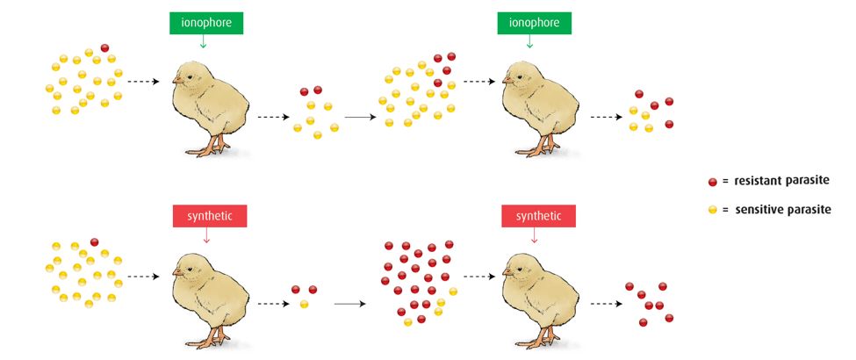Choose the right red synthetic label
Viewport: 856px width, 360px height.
538,215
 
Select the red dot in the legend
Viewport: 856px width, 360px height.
713,181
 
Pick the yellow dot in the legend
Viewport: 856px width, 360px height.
713,210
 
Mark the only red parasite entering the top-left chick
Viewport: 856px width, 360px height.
104,47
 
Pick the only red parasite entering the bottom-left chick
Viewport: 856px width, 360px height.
94,241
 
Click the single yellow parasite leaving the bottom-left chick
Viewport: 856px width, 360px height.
304,305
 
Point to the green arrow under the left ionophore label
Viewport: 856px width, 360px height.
204,41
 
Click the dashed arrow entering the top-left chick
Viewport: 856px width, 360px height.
143,82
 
